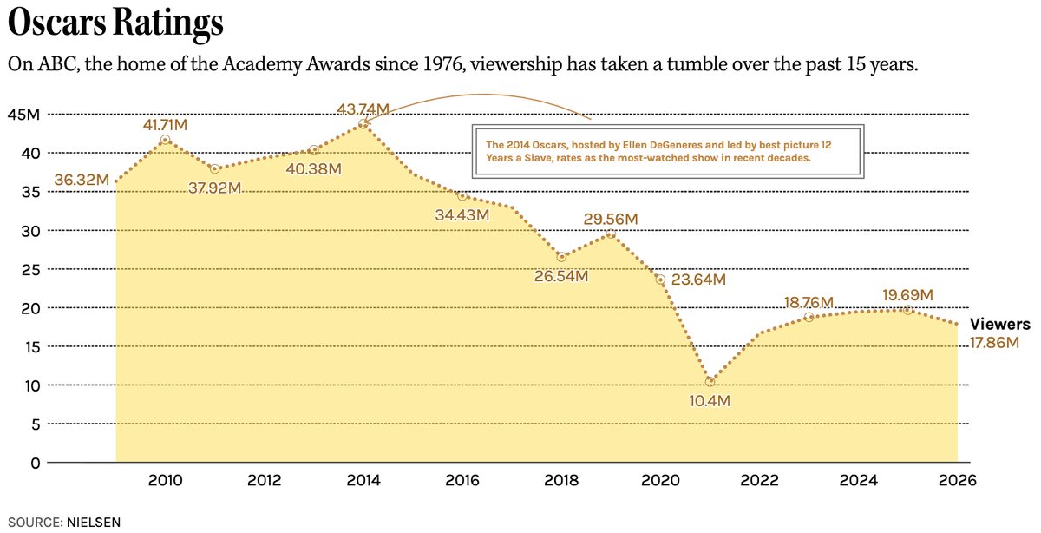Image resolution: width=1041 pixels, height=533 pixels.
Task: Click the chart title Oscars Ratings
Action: pos(115,24)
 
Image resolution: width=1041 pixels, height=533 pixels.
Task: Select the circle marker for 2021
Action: pos(710,381)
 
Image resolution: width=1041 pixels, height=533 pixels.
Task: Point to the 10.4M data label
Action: pos(710,401)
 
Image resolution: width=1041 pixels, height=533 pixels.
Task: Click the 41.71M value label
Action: pos(165,125)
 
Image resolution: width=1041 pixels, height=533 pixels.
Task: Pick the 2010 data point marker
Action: pos(165,140)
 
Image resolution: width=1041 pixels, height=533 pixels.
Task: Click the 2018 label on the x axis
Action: pos(561,481)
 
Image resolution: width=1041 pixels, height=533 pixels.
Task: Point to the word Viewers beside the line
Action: pos(999,325)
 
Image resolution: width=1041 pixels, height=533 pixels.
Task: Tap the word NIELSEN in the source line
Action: pos(93,523)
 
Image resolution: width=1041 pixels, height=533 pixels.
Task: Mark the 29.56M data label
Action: pos(611,220)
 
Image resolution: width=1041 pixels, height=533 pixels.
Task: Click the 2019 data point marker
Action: pos(611,234)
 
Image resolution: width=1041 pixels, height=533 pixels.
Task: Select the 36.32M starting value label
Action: pos(82,181)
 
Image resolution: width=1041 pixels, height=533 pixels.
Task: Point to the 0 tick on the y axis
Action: pos(35,463)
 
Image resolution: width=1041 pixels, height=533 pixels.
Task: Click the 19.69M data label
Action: pos(907,296)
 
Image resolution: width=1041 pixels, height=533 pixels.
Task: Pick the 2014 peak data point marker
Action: pos(363,124)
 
